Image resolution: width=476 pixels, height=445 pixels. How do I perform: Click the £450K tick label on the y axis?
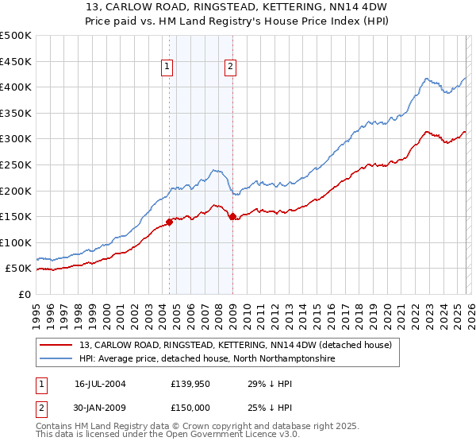point(16,61)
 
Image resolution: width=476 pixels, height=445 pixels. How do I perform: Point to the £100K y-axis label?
point(16,242)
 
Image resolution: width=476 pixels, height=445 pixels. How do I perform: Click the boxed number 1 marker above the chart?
point(168,68)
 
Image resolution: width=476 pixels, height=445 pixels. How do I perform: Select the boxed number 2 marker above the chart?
point(230,68)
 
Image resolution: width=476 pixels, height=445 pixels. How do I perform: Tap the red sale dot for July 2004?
point(170,222)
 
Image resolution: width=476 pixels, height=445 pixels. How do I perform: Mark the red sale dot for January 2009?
point(232,216)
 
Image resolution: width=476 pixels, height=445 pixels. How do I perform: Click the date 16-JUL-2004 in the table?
point(101,383)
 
